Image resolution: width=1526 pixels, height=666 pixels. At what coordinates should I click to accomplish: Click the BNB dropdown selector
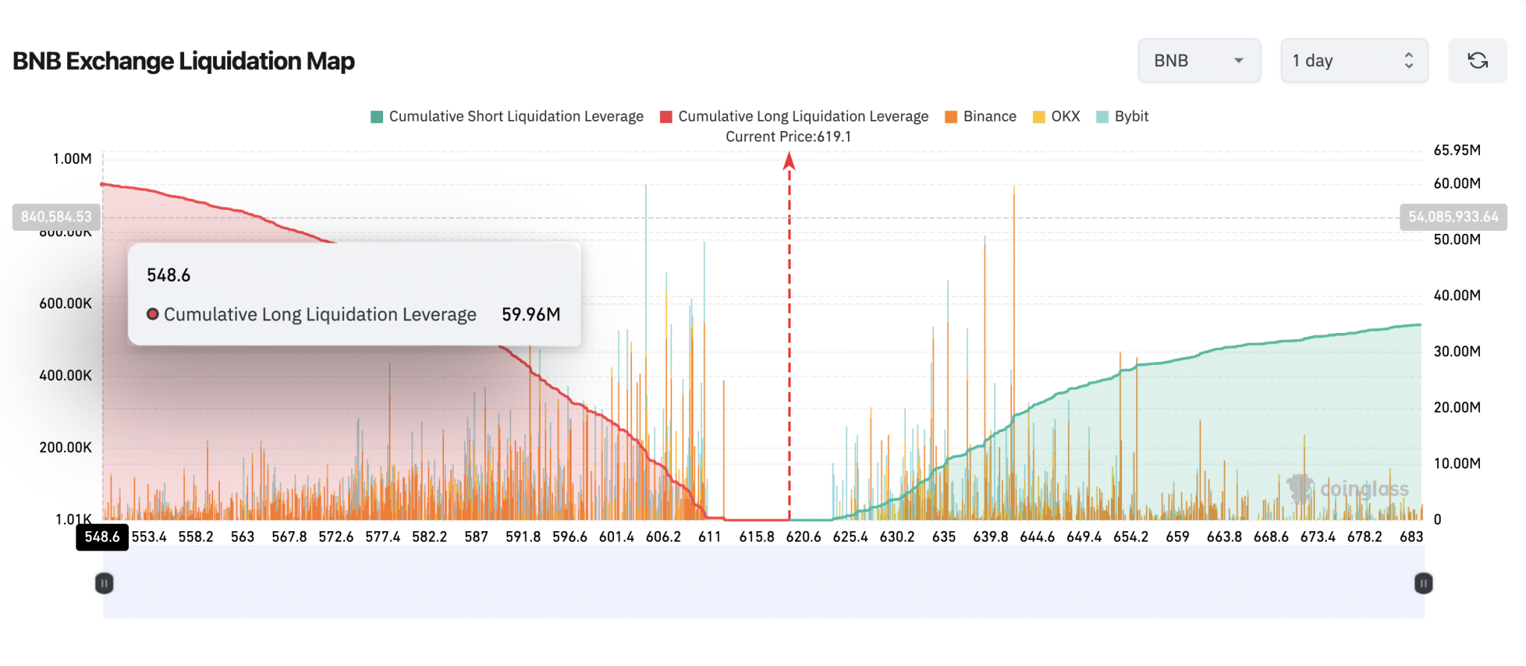(1198, 60)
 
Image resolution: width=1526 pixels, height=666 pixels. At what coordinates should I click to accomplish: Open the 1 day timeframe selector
(1353, 60)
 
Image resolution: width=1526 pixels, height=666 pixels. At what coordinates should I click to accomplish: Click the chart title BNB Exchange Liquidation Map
(183, 61)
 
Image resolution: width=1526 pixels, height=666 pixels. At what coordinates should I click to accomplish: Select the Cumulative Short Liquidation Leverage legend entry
(507, 116)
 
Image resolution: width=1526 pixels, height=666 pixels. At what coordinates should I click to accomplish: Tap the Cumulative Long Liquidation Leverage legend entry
(794, 116)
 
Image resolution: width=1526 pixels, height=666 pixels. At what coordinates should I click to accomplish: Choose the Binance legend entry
(981, 116)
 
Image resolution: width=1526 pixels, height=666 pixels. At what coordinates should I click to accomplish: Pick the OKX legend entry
(1057, 116)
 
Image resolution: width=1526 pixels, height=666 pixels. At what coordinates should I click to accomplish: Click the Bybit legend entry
(1123, 116)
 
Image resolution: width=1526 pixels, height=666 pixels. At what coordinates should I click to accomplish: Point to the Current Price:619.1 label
(788, 136)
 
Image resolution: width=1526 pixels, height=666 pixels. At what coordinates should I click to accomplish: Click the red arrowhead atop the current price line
(789, 160)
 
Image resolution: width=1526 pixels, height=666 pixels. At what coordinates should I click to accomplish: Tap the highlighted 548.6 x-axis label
(102, 537)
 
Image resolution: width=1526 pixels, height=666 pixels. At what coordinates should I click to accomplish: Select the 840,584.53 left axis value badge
(57, 217)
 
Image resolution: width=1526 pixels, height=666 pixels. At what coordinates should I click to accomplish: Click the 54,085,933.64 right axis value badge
(1453, 217)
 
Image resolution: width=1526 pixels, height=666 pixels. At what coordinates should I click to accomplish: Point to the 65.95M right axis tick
(1457, 150)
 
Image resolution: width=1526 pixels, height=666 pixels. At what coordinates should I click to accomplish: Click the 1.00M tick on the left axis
(72, 159)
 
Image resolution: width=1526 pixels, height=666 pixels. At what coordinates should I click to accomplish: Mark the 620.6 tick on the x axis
(803, 537)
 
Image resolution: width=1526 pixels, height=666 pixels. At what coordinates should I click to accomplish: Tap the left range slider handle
(104, 583)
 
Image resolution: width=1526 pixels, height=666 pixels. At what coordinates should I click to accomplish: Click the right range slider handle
(1423, 583)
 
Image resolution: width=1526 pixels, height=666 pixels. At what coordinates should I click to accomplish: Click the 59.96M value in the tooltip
(531, 314)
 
